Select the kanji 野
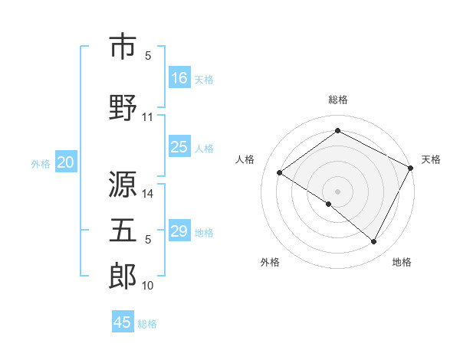(x=123, y=106)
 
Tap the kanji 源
(x=123, y=185)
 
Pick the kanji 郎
(x=123, y=276)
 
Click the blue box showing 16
(x=179, y=78)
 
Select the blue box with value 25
(x=179, y=147)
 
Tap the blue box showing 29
(x=179, y=232)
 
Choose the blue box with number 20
(x=66, y=162)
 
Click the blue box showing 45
(x=123, y=322)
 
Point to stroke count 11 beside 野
(x=148, y=117)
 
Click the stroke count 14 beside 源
(x=148, y=194)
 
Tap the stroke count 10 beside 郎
(x=148, y=286)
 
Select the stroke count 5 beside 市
(x=148, y=55)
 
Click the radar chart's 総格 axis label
(x=337, y=100)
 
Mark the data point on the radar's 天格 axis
(x=410, y=169)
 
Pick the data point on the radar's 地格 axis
(x=374, y=242)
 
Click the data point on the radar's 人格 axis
(x=280, y=173)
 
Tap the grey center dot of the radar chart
(x=337, y=191)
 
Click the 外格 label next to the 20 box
(x=41, y=163)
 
